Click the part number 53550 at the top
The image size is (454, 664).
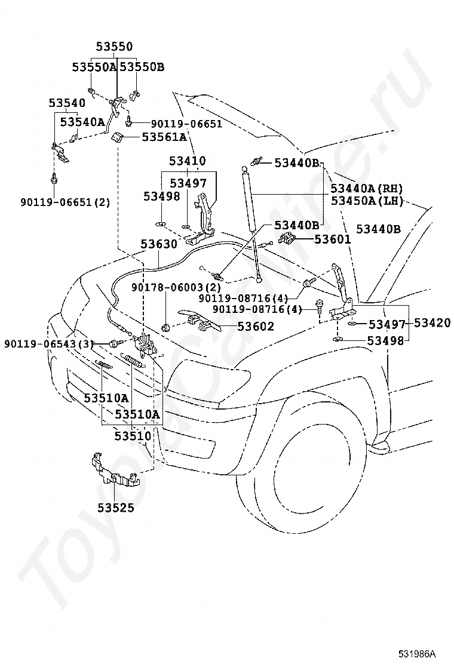pyautogui.click(x=114, y=46)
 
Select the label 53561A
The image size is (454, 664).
pyautogui.click(x=164, y=137)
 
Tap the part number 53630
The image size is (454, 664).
pyautogui.click(x=159, y=244)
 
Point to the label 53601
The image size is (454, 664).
pyautogui.click(x=333, y=239)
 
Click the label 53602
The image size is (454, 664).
pyautogui.click(x=256, y=326)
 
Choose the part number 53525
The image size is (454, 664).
pyautogui.click(x=116, y=508)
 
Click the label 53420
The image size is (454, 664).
pyautogui.click(x=432, y=322)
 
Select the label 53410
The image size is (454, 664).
pyautogui.click(x=188, y=161)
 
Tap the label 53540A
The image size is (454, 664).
pyautogui.click(x=82, y=122)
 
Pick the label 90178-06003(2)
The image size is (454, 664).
pyautogui.click(x=176, y=288)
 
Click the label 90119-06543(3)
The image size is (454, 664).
pyautogui.click(x=49, y=344)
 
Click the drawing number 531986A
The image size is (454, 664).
pyautogui.click(x=417, y=653)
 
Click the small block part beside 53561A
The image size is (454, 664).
pyautogui.click(x=117, y=137)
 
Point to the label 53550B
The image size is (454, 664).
pyautogui.click(x=142, y=67)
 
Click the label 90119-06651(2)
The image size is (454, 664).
pyautogui.click(x=65, y=202)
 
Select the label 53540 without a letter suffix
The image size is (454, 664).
pyautogui.click(x=67, y=103)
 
